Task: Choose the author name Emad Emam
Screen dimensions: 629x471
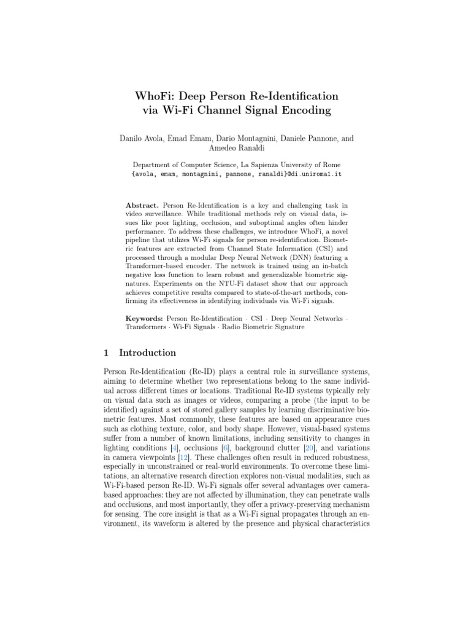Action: click(193, 139)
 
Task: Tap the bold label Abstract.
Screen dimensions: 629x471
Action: click(142, 205)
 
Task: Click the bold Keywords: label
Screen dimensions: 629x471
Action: click(144, 319)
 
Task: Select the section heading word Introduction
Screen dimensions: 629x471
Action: click(147, 353)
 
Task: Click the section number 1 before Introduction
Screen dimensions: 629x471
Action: click(106, 353)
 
